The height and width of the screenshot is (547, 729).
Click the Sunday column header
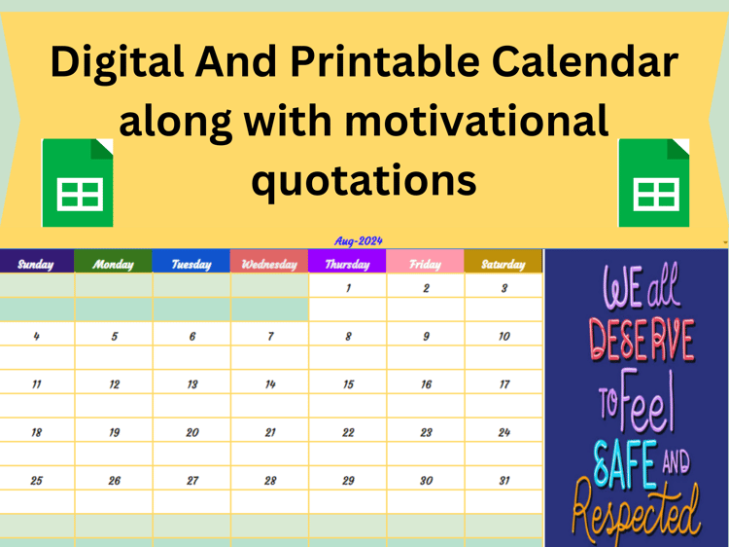point(36,265)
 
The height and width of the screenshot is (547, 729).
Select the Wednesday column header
point(269,265)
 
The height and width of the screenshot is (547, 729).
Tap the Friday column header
point(425,265)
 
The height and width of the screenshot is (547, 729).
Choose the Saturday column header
point(503,265)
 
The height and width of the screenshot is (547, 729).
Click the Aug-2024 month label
point(359,241)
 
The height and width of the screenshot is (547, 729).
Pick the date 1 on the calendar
point(348,288)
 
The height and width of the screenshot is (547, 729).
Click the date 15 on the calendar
point(348,384)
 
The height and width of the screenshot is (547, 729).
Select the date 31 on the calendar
point(504,481)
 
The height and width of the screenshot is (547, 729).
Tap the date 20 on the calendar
point(192,432)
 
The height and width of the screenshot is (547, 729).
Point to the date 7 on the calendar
point(270,336)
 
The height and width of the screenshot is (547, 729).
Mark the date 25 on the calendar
point(36,481)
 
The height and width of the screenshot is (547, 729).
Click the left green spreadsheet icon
point(78,183)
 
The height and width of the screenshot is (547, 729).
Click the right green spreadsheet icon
point(654,183)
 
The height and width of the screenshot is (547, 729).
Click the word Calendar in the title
point(585,61)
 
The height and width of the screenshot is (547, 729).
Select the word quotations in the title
point(364,181)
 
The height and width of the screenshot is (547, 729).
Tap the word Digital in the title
point(118,63)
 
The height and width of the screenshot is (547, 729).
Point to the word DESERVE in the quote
point(642,341)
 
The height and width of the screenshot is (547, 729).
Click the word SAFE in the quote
point(625,463)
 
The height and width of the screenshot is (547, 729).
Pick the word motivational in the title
point(476,121)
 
